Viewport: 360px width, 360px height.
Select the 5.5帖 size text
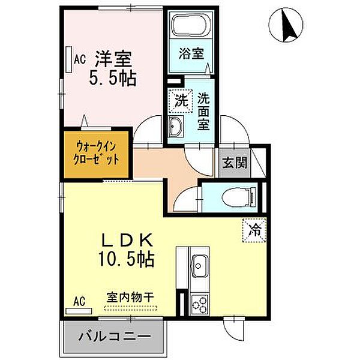[x=113, y=78]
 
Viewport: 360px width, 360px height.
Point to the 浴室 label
[x=190, y=53]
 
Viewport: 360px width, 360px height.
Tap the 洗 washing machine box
[x=179, y=101]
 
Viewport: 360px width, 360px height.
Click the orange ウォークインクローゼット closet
[x=95, y=154]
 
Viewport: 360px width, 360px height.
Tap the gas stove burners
[x=199, y=303]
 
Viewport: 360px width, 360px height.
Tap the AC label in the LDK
[x=79, y=301]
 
